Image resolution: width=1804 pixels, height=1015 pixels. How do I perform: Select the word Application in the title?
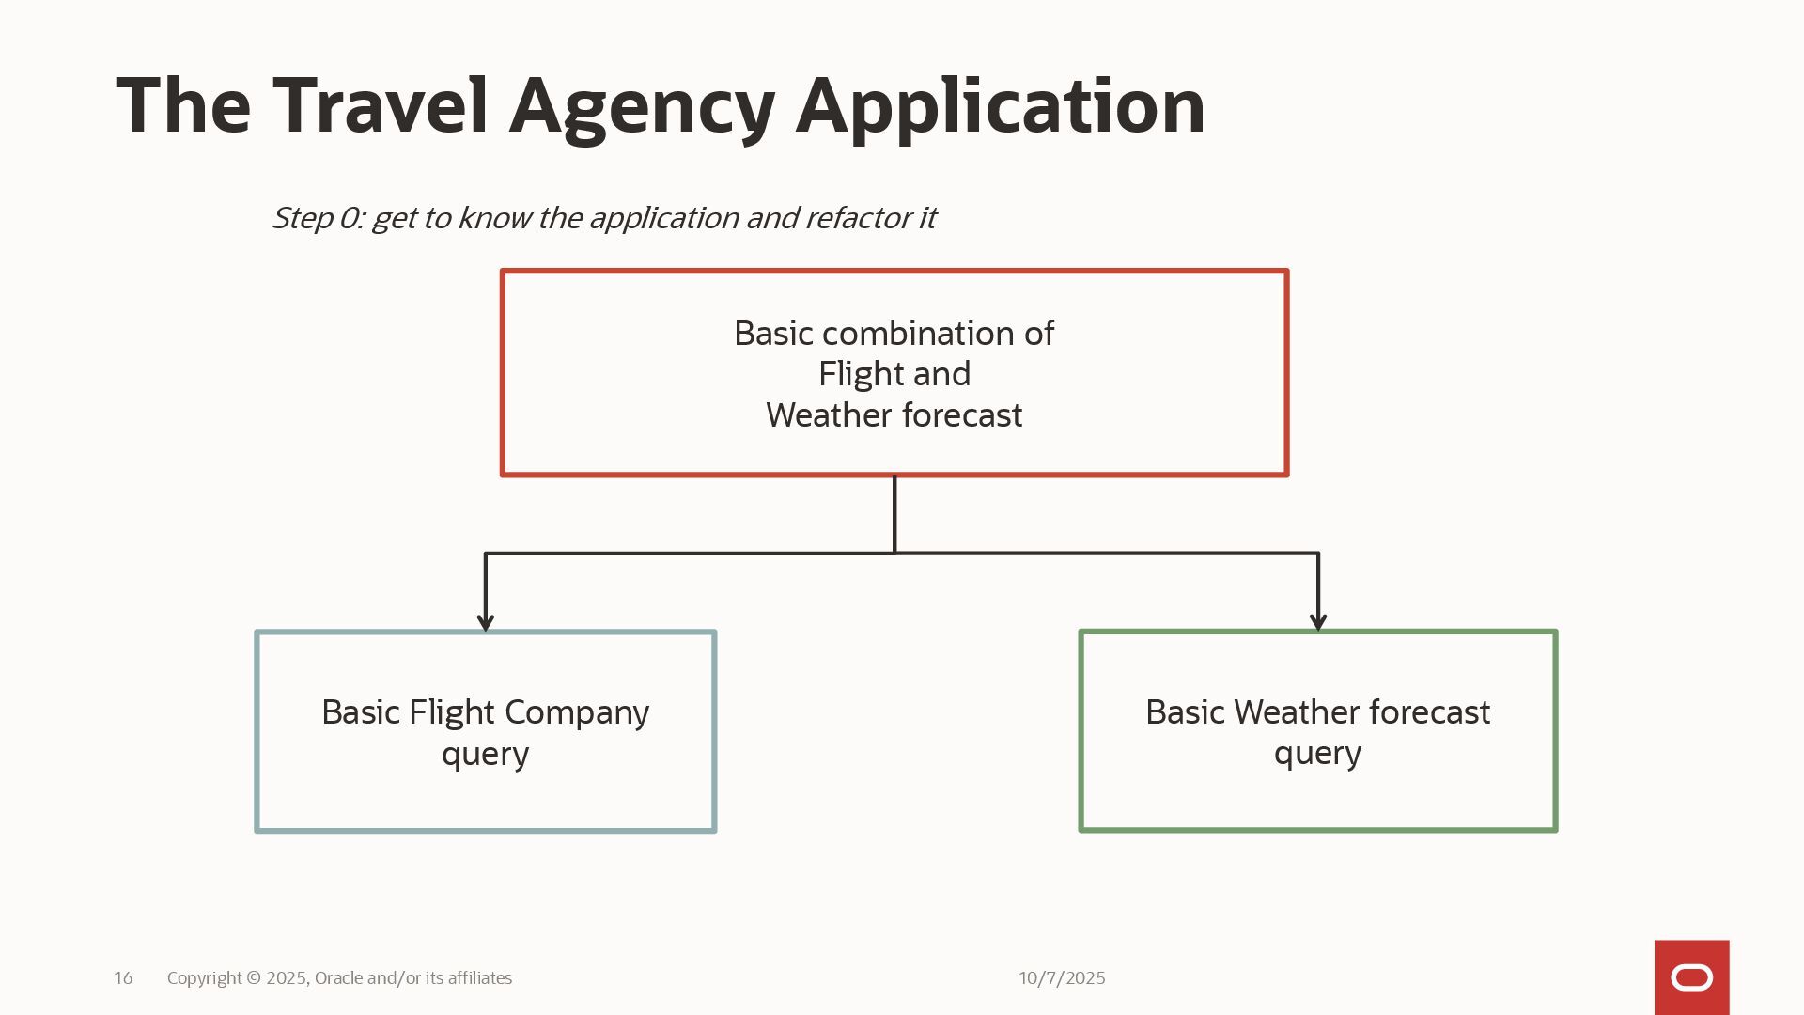[1000, 107]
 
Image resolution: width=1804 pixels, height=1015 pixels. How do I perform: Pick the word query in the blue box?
[485, 755]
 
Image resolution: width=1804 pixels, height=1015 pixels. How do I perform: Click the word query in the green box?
[1317, 755]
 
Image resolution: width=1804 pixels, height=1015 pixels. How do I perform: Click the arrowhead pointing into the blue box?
[485, 621]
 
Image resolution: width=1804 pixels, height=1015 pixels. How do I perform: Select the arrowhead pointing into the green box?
[1317, 621]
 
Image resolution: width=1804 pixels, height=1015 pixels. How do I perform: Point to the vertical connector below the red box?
[894, 514]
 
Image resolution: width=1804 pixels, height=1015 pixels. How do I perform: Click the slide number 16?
[123, 978]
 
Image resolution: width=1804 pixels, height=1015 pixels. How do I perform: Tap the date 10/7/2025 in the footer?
[1062, 978]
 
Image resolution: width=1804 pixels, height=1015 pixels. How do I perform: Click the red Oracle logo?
[1691, 977]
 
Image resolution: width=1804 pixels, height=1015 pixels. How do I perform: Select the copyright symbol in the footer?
[254, 978]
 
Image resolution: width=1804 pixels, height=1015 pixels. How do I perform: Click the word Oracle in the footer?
[338, 978]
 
